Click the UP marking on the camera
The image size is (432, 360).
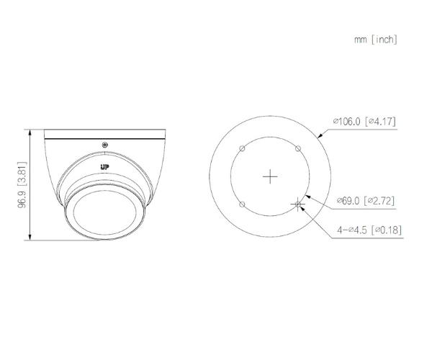click(104, 167)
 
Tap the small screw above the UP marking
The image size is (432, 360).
click(104, 145)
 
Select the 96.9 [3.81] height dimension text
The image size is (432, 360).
click(22, 185)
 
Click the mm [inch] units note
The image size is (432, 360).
click(376, 40)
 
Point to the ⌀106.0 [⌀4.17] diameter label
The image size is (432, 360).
click(364, 121)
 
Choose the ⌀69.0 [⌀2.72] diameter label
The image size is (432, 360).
click(366, 201)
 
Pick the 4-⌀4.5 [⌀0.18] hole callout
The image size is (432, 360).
click(369, 230)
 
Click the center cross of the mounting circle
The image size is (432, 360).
click(270, 176)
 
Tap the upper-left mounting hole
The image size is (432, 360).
click(242, 149)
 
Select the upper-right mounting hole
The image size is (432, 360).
click(298, 149)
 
